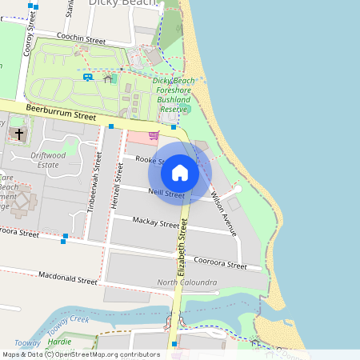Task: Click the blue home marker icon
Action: click(180, 173)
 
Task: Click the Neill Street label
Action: click(166, 194)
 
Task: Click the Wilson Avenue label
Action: click(223, 213)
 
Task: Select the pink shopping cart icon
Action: click(153, 136)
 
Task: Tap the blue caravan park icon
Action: click(86, 77)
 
